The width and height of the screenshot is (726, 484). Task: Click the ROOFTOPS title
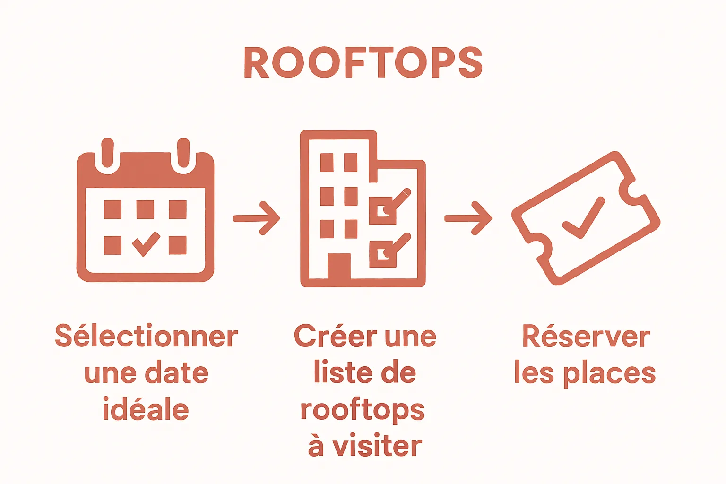tap(363, 62)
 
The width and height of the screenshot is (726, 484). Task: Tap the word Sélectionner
tap(147, 337)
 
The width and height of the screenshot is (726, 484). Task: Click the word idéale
tap(146, 409)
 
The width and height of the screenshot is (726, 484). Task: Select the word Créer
tap(336, 336)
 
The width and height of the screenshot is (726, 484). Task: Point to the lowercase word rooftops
tap(363, 410)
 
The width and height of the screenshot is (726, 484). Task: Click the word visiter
tap(377, 446)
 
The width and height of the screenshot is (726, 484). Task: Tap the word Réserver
tap(586, 337)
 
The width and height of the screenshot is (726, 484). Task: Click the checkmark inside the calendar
tap(146, 243)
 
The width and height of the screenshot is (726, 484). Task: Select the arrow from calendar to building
tap(257, 218)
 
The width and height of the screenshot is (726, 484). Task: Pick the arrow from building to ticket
tap(468, 218)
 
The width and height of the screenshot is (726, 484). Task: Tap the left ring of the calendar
tap(107, 156)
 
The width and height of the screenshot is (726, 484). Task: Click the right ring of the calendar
tap(183, 156)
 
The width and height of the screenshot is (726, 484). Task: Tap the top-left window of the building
tap(327, 163)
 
